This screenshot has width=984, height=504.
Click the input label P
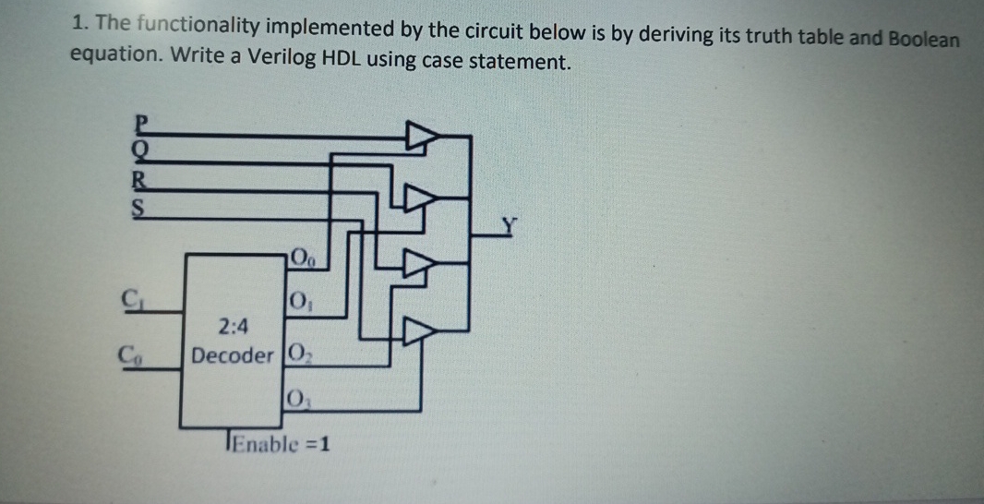[x=141, y=122]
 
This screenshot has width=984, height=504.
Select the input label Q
[x=141, y=148]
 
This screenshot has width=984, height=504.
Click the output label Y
[x=510, y=222]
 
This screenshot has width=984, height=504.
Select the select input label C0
[x=133, y=353]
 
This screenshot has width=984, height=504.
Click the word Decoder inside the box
[x=233, y=356]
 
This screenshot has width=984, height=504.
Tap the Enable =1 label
[x=281, y=445]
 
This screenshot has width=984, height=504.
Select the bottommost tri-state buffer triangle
[x=420, y=333]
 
